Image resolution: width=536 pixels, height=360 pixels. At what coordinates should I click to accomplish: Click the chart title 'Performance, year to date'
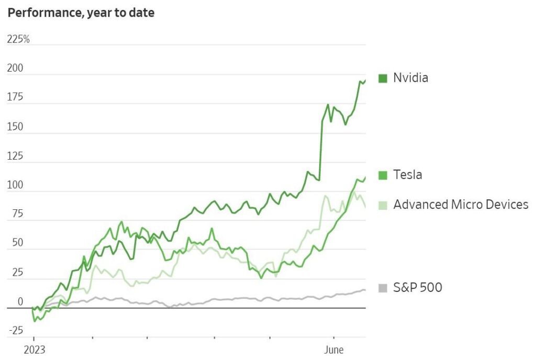(x=81, y=13)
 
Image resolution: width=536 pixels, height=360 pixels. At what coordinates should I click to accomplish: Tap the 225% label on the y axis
(x=18, y=39)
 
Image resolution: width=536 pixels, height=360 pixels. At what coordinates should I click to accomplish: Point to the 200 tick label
(x=15, y=69)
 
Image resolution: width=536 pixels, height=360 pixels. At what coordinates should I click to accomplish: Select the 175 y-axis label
(x=15, y=98)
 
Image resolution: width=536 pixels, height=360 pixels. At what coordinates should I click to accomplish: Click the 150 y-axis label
(x=15, y=127)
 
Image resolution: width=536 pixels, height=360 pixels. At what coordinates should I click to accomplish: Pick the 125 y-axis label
(x=15, y=156)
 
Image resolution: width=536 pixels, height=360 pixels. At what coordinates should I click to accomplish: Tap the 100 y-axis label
(x=15, y=186)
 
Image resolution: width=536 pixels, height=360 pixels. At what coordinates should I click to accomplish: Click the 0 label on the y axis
(x=20, y=302)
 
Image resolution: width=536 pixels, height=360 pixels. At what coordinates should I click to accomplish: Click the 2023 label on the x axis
(x=33, y=350)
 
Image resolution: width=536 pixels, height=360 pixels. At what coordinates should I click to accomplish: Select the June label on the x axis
(x=334, y=350)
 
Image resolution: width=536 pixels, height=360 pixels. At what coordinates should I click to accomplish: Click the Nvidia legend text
(x=410, y=78)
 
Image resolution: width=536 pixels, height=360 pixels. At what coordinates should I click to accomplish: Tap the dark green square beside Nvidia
(x=383, y=78)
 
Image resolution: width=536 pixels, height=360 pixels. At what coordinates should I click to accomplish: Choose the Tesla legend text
(x=407, y=175)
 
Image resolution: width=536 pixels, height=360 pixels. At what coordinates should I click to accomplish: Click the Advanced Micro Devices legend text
(x=461, y=204)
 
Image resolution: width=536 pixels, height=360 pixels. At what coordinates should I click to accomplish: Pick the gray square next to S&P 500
(x=383, y=288)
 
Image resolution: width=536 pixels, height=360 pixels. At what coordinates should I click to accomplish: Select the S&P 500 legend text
(x=417, y=287)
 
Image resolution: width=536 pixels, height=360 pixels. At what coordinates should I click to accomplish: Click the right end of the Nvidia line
(x=365, y=80)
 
